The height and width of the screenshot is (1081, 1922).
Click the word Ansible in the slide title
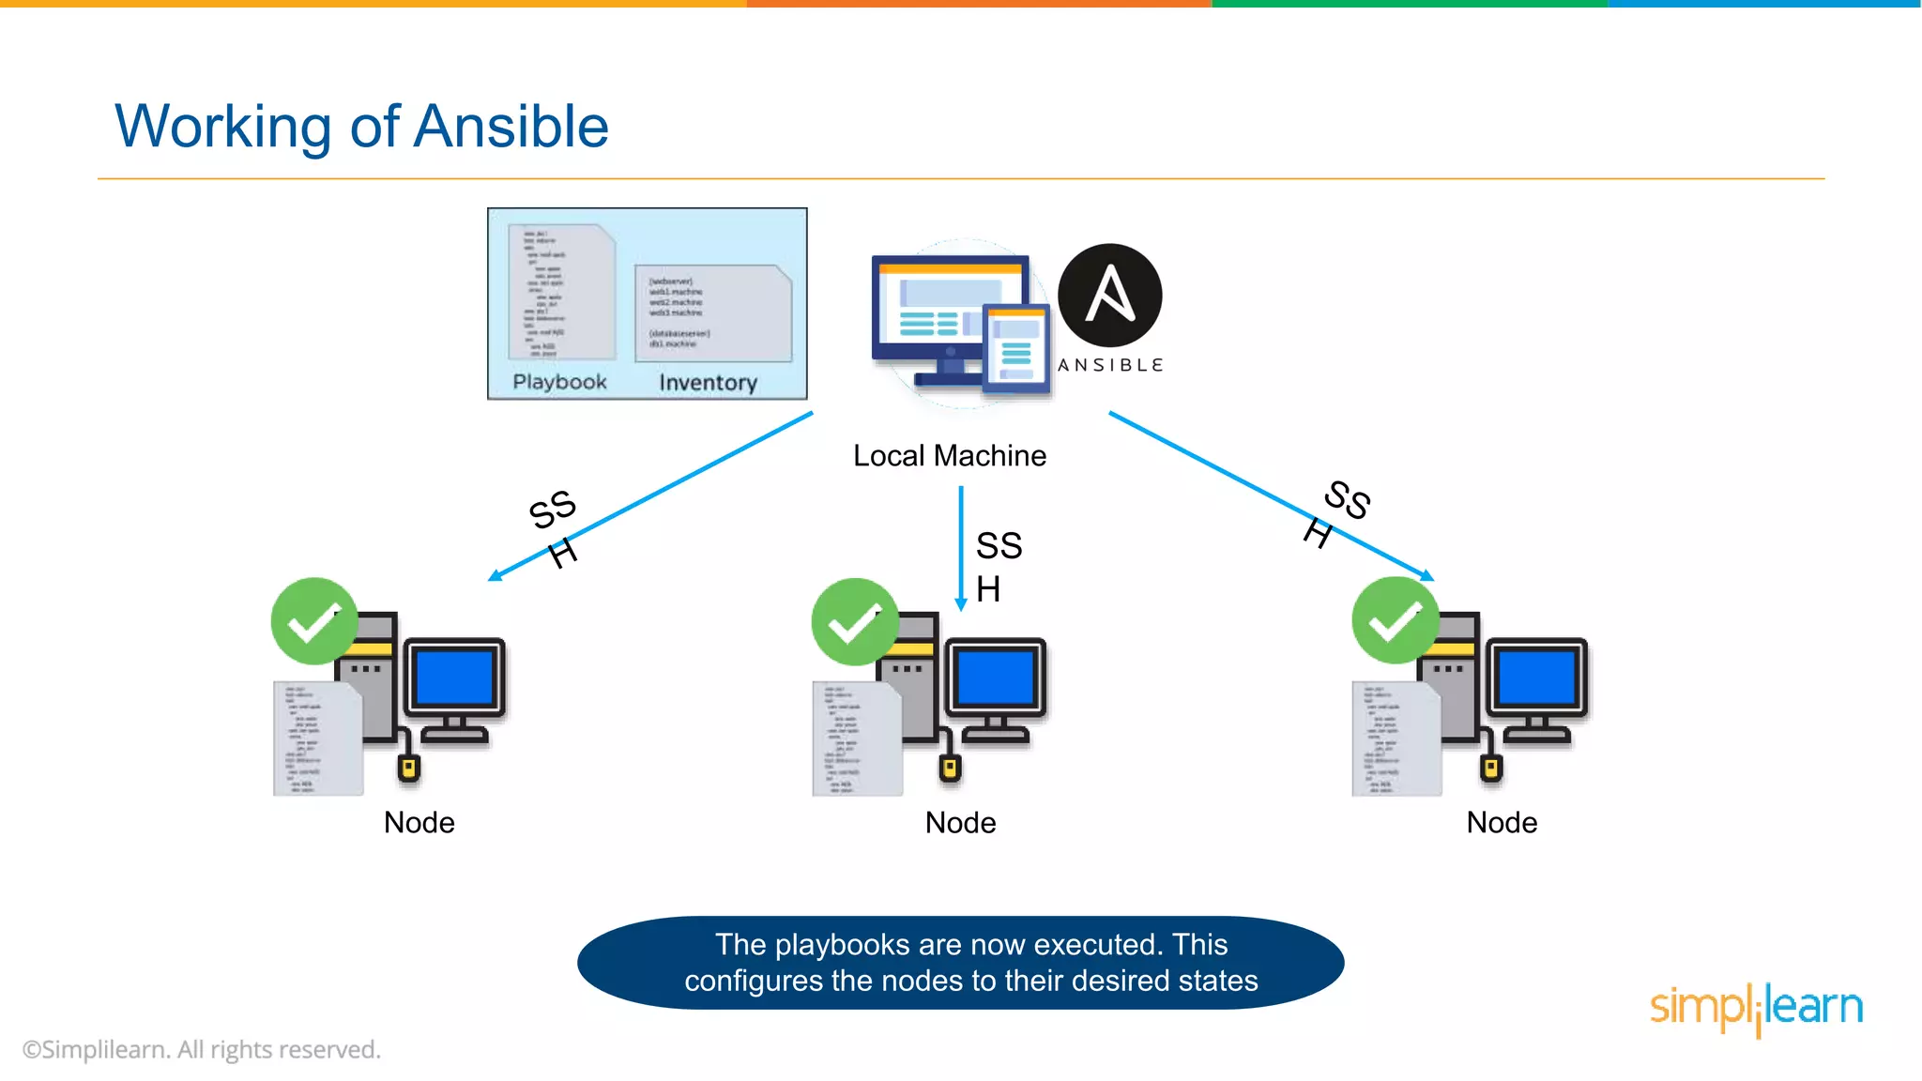coord(511,127)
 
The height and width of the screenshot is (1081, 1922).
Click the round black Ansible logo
coord(1109,295)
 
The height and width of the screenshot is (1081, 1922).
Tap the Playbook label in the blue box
coord(559,382)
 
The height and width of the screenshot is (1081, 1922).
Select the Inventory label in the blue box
coord(708,383)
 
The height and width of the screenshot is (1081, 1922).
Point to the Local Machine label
coord(949,456)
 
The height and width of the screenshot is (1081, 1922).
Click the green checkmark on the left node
coord(314,621)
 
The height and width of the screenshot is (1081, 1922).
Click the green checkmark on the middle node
coord(854,622)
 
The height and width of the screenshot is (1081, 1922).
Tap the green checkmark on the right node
coord(1395,620)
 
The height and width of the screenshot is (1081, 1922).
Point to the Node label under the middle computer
coord(960,823)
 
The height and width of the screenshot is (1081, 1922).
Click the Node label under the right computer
coord(1502,823)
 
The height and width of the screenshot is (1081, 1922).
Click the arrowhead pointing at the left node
coord(495,576)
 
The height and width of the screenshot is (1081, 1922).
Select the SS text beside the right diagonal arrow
coord(1348,499)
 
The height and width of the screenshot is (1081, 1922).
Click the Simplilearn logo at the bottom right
coord(1755,1008)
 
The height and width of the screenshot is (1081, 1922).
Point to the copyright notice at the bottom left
coord(202,1050)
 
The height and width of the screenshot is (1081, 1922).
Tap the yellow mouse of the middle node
coord(950,769)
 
